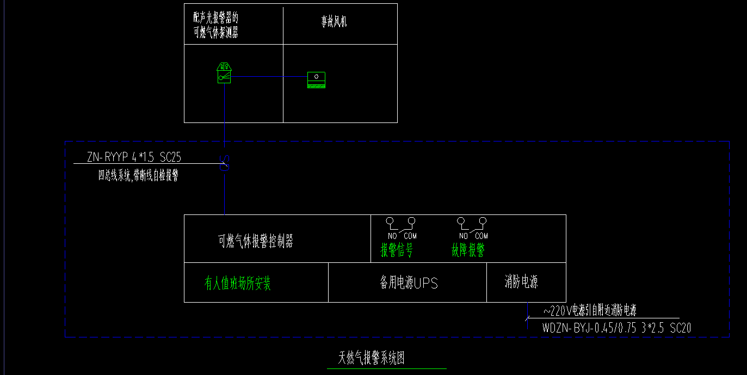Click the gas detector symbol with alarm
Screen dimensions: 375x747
[224, 73]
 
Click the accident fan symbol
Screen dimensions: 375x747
[316, 79]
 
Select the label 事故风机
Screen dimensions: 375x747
[334, 21]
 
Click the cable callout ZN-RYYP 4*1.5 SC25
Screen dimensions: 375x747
[134, 157]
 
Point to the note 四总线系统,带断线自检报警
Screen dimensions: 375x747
[138, 175]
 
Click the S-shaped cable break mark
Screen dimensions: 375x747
[225, 163]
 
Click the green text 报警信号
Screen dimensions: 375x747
[396, 250]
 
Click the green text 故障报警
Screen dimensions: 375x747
[468, 250]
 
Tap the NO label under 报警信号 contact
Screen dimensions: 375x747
[392, 236]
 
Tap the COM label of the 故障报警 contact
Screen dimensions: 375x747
[481, 236]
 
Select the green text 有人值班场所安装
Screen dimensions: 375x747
[238, 283]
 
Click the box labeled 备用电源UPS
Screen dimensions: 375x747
[409, 283]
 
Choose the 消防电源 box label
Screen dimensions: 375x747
[521, 282]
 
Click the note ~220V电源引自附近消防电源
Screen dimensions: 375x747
[590, 311]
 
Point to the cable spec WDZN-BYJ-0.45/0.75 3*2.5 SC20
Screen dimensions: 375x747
[616, 328]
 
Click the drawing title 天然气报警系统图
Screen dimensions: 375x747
[372, 358]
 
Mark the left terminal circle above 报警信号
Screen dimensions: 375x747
[390, 221]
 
